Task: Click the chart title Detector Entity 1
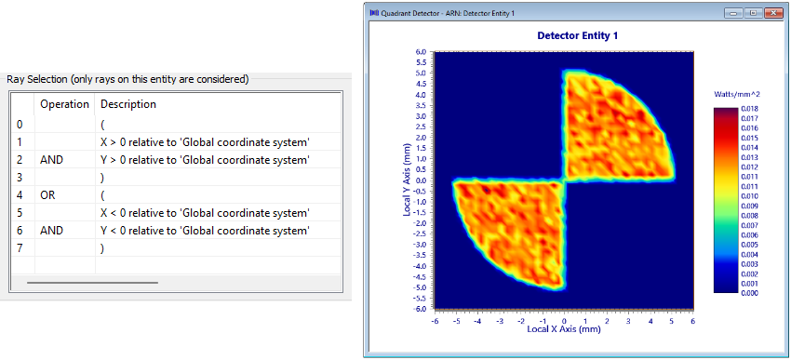pyautogui.click(x=578, y=35)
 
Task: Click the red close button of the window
pyautogui.click(x=771, y=13)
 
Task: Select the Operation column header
pyautogui.click(x=64, y=104)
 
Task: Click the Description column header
pyautogui.click(x=128, y=104)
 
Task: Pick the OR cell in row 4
pyautogui.click(x=47, y=195)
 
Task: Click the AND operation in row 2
pyautogui.click(x=52, y=160)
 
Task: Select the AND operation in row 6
pyautogui.click(x=52, y=231)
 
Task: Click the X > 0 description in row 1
pyautogui.click(x=205, y=142)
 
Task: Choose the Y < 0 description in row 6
pyautogui.click(x=205, y=231)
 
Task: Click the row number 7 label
pyautogui.click(x=20, y=248)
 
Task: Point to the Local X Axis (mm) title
pyautogui.click(x=564, y=328)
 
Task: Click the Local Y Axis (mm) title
pyautogui.click(x=407, y=180)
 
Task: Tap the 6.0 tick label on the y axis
pyautogui.click(x=421, y=51)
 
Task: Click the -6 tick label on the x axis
pyautogui.click(x=436, y=321)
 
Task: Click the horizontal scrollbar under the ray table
pyautogui.click(x=92, y=283)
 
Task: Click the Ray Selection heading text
pyautogui.click(x=127, y=79)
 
